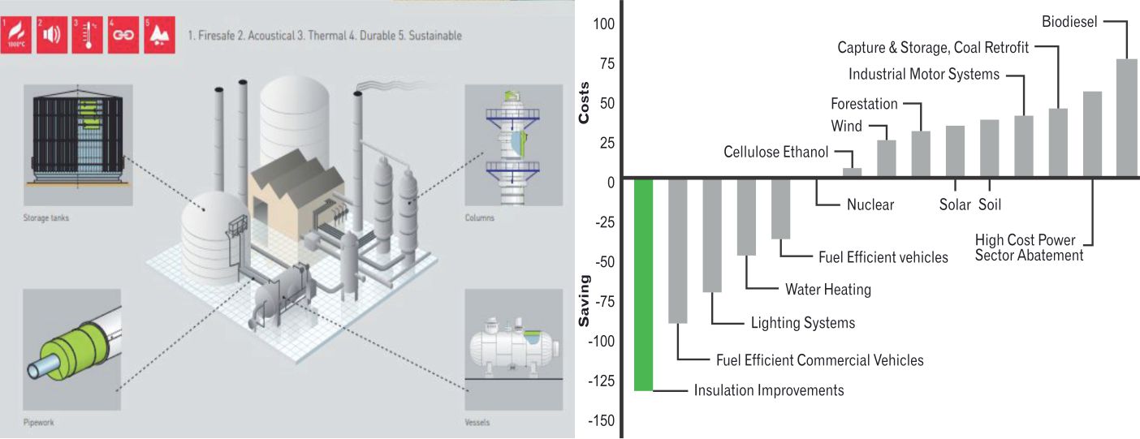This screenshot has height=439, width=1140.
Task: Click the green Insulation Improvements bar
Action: pos(643,285)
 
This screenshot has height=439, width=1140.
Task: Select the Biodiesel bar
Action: pos(1126,118)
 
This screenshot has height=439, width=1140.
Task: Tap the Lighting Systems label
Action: pos(802,323)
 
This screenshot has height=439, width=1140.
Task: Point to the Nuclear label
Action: pos(870,204)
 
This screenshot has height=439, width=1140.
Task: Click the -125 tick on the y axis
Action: pos(603,381)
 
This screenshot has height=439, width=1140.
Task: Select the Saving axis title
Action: pos(583,301)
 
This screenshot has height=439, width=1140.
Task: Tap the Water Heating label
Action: pos(827,290)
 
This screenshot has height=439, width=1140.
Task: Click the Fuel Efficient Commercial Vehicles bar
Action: pos(677,251)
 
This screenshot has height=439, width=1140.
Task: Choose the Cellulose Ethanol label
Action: pos(775,152)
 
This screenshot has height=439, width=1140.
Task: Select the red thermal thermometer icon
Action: pos(84,35)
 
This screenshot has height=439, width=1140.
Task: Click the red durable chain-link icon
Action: pos(122,35)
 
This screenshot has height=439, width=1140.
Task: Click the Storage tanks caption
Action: pos(45,217)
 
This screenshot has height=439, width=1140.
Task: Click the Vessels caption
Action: pos(478,422)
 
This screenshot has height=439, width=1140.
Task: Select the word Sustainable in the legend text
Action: pos(435,36)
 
